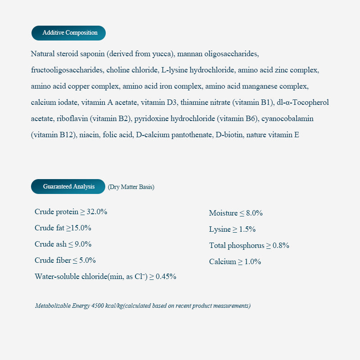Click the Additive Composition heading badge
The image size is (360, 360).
click(x=68, y=33)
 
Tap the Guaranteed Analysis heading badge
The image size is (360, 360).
click(x=68, y=186)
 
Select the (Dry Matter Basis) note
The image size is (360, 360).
click(x=131, y=187)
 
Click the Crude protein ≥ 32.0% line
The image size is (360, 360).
click(x=71, y=211)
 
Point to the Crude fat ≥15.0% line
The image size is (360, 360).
click(x=63, y=228)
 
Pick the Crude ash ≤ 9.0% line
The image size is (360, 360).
click(x=63, y=244)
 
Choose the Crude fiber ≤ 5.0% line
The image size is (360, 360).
click(x=65, y=260)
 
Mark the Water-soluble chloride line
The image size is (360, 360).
click(x=105, y=276)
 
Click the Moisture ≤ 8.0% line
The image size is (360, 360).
click(x=236, y=213)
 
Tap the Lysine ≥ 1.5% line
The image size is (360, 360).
click(x=232, y=229)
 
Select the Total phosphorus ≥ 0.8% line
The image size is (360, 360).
click(x=249, y=245)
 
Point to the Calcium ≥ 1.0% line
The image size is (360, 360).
click(x=235, y=261)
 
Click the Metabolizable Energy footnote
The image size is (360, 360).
click(x=143, y=306)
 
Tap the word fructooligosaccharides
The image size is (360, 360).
click(x=67, y=70)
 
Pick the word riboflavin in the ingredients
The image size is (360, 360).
click(x=73, y=119)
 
